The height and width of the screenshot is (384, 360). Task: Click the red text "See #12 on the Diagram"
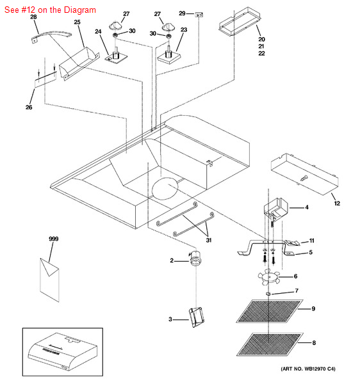[50, 10]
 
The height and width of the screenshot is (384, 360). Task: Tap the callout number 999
[53, 239]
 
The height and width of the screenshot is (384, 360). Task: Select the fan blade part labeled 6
[268, 277]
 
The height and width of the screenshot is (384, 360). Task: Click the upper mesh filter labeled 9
[269, 310]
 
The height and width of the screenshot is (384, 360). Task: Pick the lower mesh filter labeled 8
[270, 344]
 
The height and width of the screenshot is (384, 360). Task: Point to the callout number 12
[337, 204]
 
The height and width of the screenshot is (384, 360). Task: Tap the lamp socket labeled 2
[195, 259]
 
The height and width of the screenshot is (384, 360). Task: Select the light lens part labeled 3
[196, 317]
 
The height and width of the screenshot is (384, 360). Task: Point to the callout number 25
[78, 22]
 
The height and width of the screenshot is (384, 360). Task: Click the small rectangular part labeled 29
[199, 15]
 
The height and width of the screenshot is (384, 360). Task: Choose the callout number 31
[209, 240]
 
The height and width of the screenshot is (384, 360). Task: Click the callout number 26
[29, 107]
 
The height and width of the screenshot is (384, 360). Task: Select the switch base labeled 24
[116, 57]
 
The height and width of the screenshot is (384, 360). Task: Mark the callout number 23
[184, 29]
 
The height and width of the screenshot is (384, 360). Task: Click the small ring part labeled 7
[268, 293]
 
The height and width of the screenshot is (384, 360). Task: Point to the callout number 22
[261, 53]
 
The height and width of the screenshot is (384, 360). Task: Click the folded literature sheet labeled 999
[49, 280]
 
